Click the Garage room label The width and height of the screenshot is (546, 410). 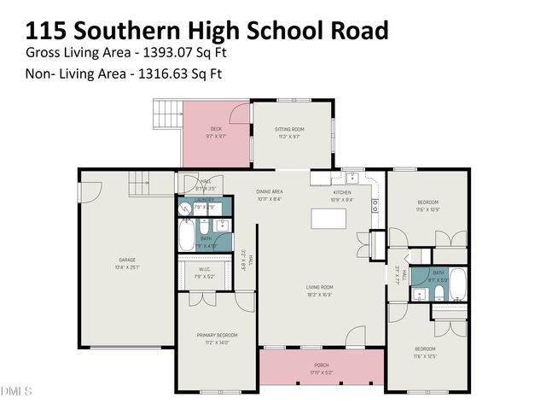(127, 263)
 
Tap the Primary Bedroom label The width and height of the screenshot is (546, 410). (217, 337)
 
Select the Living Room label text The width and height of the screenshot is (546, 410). (319, 290)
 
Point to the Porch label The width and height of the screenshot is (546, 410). (322, 367)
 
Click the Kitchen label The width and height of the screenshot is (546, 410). (342, 192)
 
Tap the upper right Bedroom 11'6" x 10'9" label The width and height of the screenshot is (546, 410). (427, 206)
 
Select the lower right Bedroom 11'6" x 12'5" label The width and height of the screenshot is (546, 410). (426, 352)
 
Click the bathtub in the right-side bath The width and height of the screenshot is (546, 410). (457, 285)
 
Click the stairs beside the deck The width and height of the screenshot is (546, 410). (168, 113)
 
